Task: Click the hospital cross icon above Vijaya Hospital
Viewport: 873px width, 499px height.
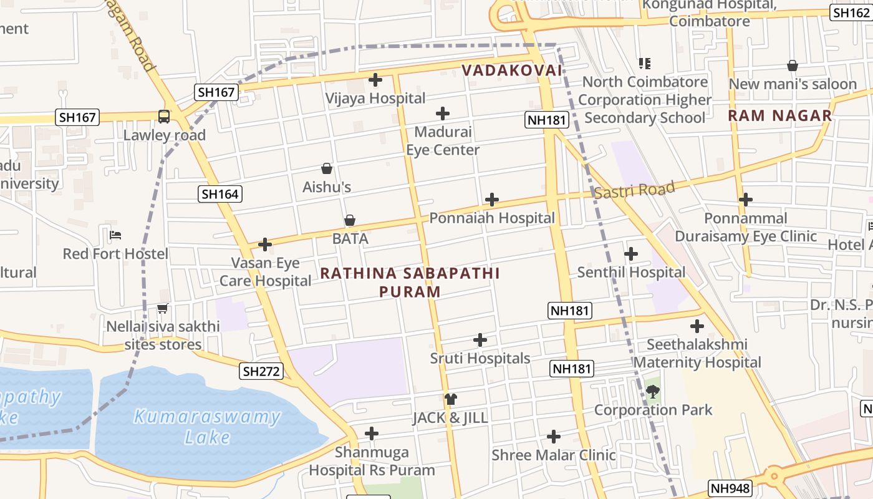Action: (375, 80)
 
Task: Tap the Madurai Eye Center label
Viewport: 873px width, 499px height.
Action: (443, 141)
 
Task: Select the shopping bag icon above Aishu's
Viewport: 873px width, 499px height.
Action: (327, 168)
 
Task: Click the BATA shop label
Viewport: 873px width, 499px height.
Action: (350, 238)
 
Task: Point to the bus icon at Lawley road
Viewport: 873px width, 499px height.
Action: (164, 117)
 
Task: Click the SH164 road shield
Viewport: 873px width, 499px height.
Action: (220, 194)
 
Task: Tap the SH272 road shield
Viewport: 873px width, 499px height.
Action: (262, 371)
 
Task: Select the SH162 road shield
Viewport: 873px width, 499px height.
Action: (851, 12)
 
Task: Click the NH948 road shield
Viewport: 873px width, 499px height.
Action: (730, 488)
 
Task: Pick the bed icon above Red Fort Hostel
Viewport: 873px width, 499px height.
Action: (115, 235)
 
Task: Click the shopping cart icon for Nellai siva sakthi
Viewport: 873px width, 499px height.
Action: (163, 308)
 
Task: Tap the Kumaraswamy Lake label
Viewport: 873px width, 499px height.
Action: (207, 427)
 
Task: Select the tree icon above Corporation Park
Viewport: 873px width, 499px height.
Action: (653, 392)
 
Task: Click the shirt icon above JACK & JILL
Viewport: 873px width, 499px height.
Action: (451, 399)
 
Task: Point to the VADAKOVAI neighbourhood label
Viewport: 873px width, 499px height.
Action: (512, 70)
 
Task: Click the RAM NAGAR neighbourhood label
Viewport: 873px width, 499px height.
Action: (780, 115)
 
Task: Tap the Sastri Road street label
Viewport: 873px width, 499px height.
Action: (634, 190)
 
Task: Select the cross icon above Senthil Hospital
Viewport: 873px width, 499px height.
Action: (631, 254)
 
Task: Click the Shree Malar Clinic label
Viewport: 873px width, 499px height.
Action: (554, 455)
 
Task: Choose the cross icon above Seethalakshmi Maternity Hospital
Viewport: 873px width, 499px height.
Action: (697, 326)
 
